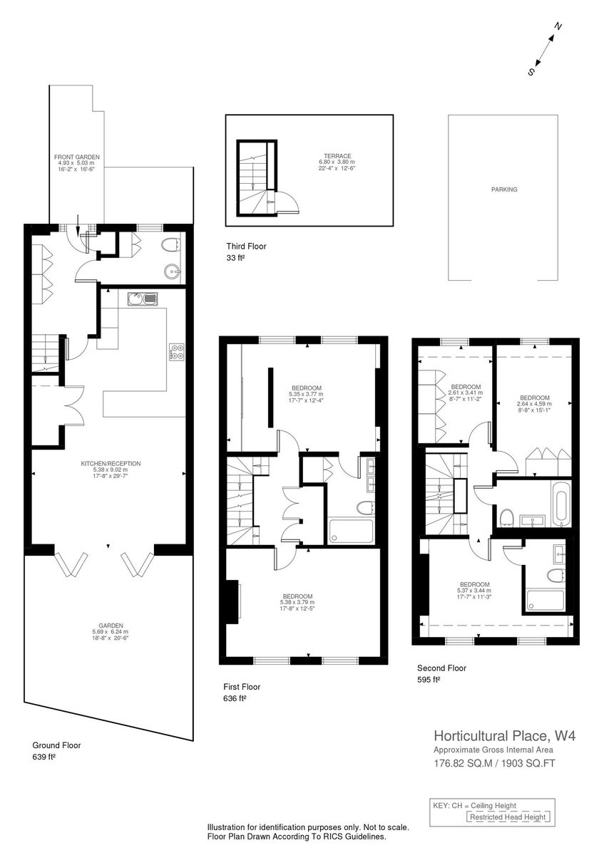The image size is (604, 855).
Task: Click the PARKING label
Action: coord(504,190)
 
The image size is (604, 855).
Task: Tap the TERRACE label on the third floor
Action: coord(337,156)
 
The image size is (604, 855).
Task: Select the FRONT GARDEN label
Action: coord(77,157)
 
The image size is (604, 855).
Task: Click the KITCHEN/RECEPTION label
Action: coord(111,464)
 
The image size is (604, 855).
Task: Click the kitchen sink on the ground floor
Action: coord(143,299)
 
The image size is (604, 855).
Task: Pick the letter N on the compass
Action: coord(558,27)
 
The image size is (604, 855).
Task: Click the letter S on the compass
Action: coord(531,72)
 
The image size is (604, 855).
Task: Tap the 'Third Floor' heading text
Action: coord(247,247)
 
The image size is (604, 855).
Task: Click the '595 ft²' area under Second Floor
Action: coord(429,680)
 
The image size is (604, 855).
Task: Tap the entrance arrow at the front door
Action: coord(78,225)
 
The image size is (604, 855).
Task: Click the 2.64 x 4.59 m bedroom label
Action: coord(534,404)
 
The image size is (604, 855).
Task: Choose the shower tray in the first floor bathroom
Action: coord(351,531)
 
